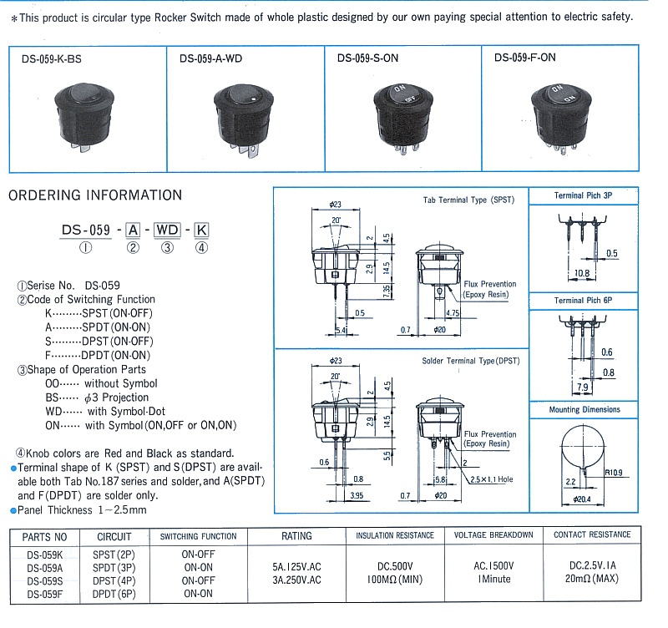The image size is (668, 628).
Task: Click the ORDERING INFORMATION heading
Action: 95,195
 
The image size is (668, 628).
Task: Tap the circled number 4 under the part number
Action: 200,247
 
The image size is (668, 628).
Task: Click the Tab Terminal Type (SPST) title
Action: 468,200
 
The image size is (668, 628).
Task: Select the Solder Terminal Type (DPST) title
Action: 470,361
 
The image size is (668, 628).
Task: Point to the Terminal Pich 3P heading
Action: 583,195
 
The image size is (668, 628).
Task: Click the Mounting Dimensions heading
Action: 584,410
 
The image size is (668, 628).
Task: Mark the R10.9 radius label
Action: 614,474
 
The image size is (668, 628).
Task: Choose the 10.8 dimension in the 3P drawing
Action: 581,273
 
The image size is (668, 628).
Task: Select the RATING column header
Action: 296,536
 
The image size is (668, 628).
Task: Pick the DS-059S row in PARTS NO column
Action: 43,580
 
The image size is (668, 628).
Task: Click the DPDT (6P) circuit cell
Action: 114,594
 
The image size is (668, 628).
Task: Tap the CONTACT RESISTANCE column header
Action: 592,534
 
